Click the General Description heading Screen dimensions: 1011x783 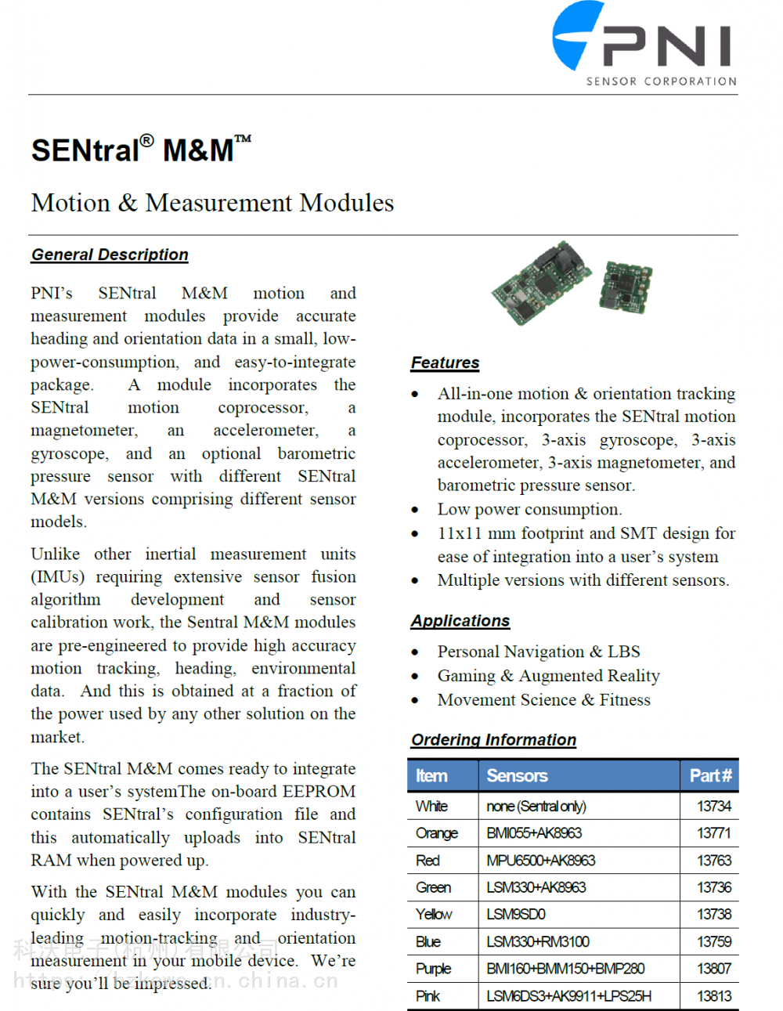pyautogui.click(x=110, y=255)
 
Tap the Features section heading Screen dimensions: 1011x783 pyautogui.click(x=445, y=363)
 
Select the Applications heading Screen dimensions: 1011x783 pyautogui.click(x=460, y=621)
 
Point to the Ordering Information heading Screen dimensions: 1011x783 pyautogui.click(x=493, y=740)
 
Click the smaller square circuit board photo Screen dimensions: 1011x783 pyautogui.click(x=626, y=287)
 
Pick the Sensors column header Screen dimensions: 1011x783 pyautogui.click(x=517, y=776)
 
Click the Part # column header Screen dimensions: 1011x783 pyautogui.click(x=710, y=776)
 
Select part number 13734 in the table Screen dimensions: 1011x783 pyautogui.click(x=714, y=807)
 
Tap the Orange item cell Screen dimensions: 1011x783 pyautogui.click(x=437, y=833)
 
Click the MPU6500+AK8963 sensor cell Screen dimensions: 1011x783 pyautogui.click(x=540, y=861)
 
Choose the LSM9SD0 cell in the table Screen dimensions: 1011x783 pyautogui.click(x=516, y=915)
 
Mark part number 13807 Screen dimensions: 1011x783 pyautogui.click(x=714, y=969)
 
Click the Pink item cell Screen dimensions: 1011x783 pyautogui.click(x=428, y=996)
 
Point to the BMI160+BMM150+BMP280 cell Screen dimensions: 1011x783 pyautogui.click(x=565, y=969)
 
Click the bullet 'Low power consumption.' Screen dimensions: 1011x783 pyautogui.click(x=529, y=510)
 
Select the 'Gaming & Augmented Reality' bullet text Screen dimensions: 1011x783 pyautogui.click(x=548, y=676)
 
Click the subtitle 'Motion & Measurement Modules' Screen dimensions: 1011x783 pyautogui.click(x=212, y=203)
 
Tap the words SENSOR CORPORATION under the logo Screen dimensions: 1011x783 pyautogui.click(x=662, y=81)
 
